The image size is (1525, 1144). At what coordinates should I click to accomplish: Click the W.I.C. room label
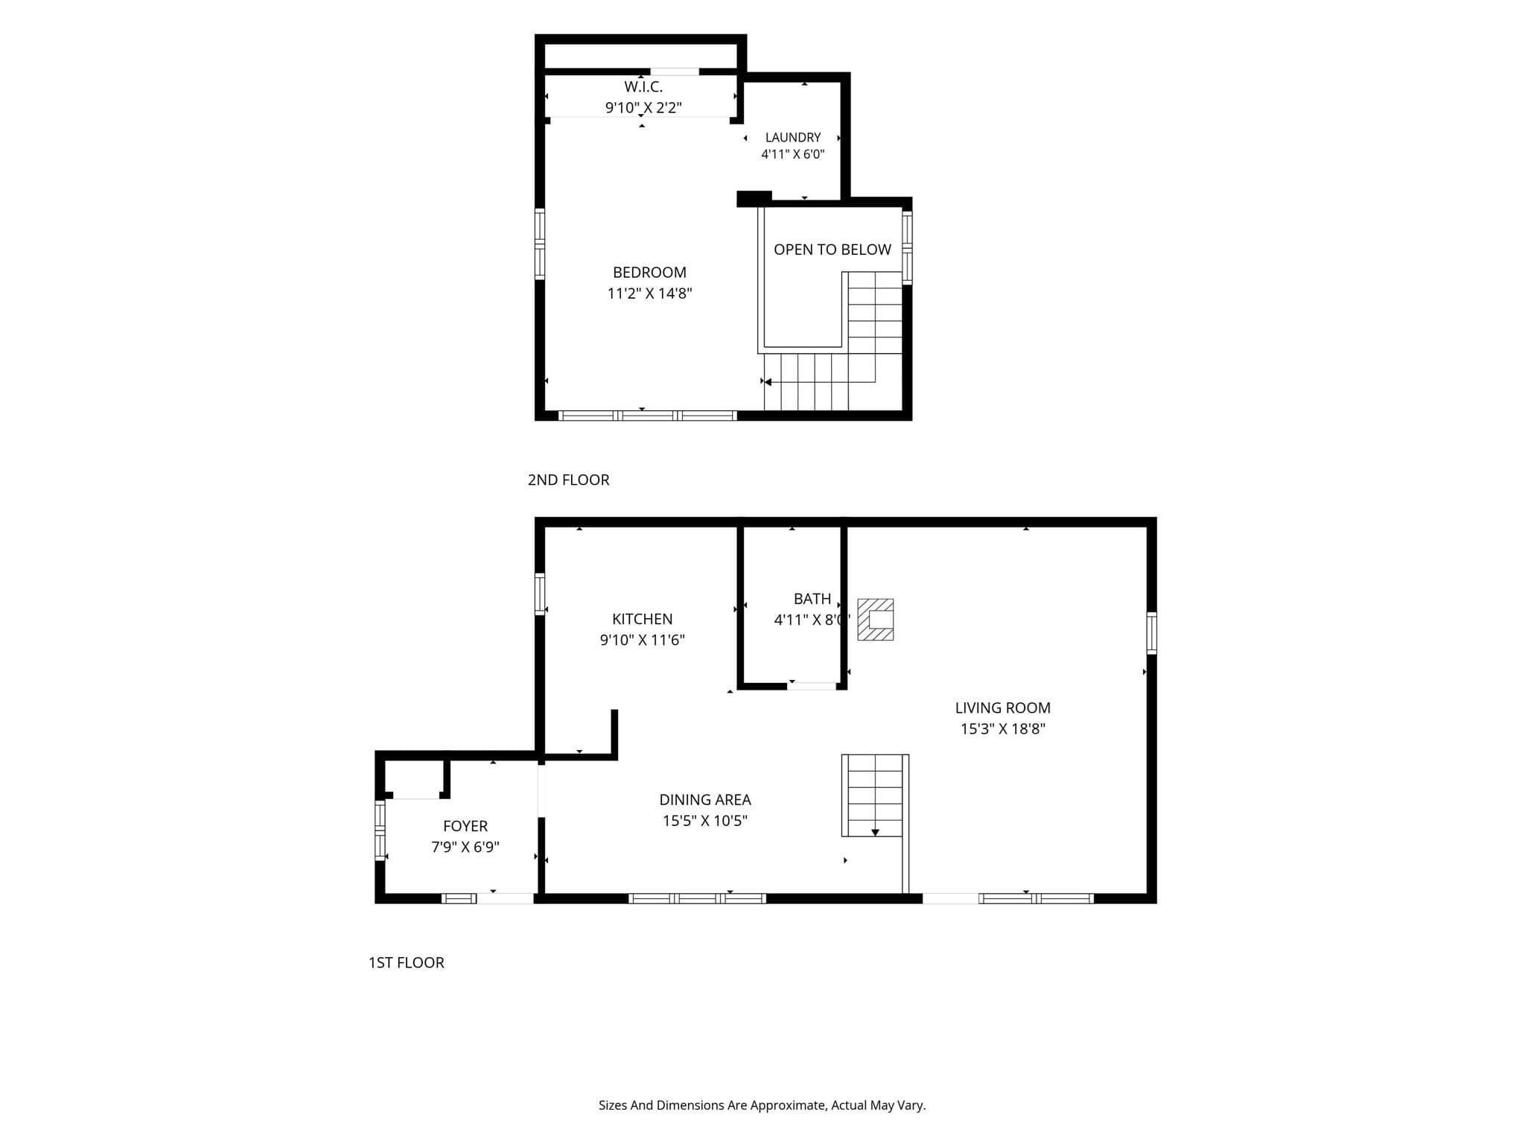[x=643, y=87]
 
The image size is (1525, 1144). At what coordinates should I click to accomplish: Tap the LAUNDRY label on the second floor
[x=793, y=138]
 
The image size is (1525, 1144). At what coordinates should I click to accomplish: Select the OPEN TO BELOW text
[x=832, y=250]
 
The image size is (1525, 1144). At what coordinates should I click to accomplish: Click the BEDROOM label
[x=649, y=273]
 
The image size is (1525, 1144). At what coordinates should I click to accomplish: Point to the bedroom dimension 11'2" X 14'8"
[x=649, y=293]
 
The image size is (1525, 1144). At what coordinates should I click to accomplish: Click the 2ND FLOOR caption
[x=568, y=480]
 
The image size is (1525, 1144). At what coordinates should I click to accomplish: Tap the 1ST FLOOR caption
[x=406, y=963]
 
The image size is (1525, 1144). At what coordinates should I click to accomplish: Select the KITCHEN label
[x=642, y=620]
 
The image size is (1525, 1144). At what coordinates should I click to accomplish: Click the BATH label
[x=812, y=599]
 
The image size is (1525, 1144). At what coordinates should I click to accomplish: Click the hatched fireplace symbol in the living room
[x=875, y=620]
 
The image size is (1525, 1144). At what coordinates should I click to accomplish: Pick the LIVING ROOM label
[x=1002, y=708]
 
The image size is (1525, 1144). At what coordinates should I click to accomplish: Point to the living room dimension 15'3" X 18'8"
[x=1002, y=729]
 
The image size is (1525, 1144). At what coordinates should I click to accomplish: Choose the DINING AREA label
[x=705, y=800]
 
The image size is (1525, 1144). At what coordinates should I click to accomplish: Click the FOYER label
[x=465, y=826]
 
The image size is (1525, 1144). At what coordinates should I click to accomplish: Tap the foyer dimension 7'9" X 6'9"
[x=465, y=847]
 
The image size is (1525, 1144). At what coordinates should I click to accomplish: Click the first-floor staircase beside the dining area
[x=875, y=795]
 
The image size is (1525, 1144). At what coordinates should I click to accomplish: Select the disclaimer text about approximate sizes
[x=762, y=1106]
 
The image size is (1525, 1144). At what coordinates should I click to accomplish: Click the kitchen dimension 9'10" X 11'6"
[x=642, y=641]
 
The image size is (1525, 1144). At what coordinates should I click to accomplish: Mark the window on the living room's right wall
[x=1151, y=633]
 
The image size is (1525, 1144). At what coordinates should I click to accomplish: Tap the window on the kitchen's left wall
[x=540, y=594]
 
